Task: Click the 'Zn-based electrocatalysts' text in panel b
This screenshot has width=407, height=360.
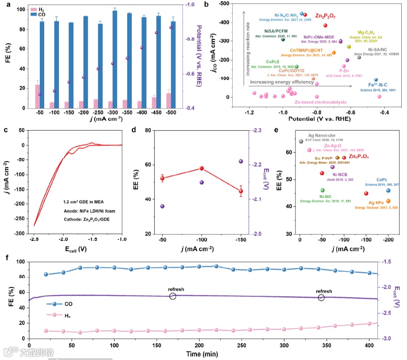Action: coord(317,102)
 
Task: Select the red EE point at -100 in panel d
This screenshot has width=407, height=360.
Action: coord(202,168)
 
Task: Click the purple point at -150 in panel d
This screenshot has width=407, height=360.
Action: coord(241,161)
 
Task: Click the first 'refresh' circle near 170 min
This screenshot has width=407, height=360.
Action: coord(173,296)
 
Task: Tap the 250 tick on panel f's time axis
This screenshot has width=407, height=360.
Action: coord(242,345)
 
